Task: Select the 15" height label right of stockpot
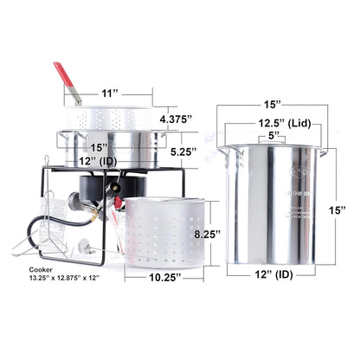coord(338,209)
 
